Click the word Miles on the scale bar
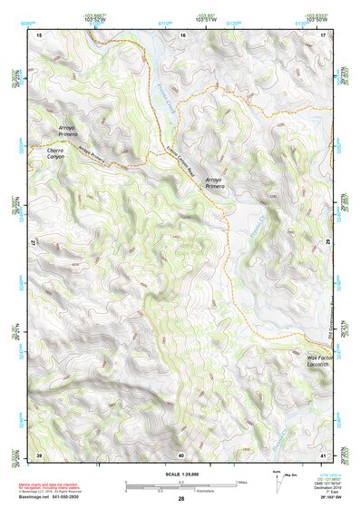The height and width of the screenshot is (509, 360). pos(240,481)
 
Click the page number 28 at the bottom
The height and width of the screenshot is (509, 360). pos(180,500)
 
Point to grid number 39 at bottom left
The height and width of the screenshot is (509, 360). pos(39,454)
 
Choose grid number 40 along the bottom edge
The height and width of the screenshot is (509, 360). pos(181,454)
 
